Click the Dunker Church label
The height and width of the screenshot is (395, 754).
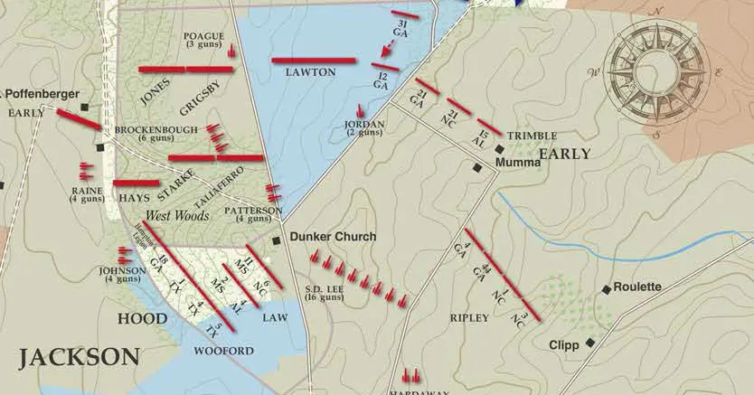(x=333, y=237)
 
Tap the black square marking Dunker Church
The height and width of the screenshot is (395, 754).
(x=278, y=240)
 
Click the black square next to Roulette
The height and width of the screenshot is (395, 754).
(x=606, y=289)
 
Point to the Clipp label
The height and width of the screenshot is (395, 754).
(x=563, y=345)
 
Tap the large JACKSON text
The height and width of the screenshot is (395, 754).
(x=79, y=356)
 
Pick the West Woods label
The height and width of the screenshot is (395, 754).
(x=178, y=216)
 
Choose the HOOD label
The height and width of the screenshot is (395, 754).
(x=142, y=319)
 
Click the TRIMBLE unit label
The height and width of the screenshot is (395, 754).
(x=532, y=136)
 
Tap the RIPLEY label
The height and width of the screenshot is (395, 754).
(x=468, y=318)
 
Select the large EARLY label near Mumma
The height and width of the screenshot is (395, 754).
(x=564, y=155)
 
